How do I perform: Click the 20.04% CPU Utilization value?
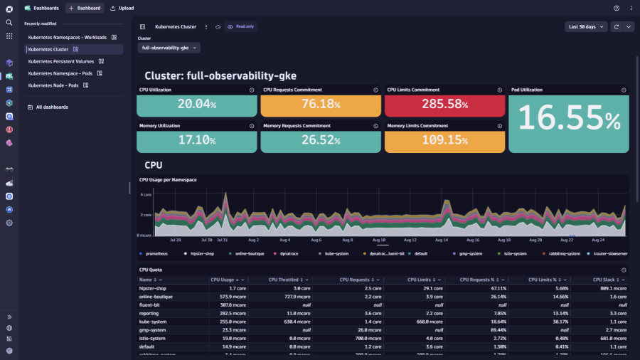[x=196, y=105]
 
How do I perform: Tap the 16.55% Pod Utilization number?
[x=569, y=118]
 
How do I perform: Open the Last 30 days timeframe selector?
[x=586, y=26]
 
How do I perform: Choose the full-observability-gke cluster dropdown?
[x=170, y=48]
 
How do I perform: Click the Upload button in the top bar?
[x=122, y=8]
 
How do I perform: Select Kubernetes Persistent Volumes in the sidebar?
[x=61, y=61]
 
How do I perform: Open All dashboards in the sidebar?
[x=52, y=107]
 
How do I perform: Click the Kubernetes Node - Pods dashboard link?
[x=53, y=85]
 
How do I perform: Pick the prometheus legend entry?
[x=156, y=253]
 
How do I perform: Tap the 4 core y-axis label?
[x=146, y=194]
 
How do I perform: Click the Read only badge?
[x=241, y=26]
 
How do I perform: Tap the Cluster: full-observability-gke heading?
[x=220, y=75]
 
